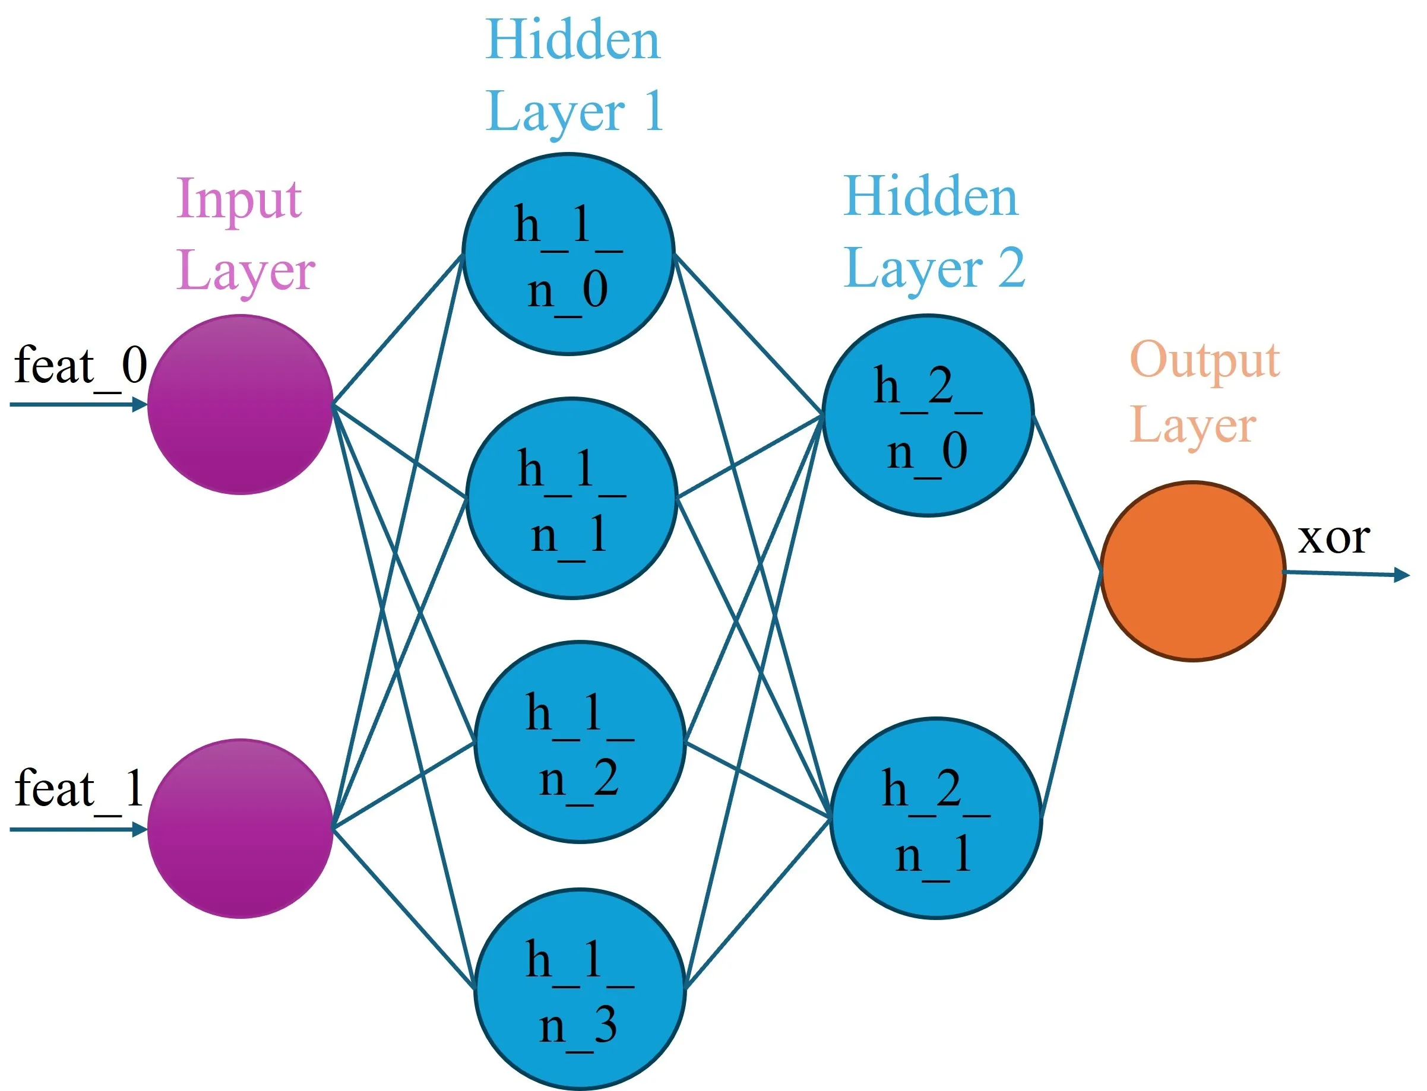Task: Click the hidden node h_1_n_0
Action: [x=568, y=254]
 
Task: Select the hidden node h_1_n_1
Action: [x=572, y=498]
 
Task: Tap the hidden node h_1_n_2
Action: [x=580, y=742]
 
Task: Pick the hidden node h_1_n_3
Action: [x=580, y=989]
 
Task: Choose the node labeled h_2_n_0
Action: [x=928, y=416]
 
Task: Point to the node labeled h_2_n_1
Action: [x=935, y=818]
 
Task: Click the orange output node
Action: [x=1192, y=572]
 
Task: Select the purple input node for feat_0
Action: [x=241, y=405]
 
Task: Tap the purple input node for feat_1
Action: [x=241, y=829]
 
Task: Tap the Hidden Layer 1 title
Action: [x=574, y=75]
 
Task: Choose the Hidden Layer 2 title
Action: [x=934, y=233]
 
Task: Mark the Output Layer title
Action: [x=1204, y=393]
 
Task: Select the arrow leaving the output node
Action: [x=1344, y=573]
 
